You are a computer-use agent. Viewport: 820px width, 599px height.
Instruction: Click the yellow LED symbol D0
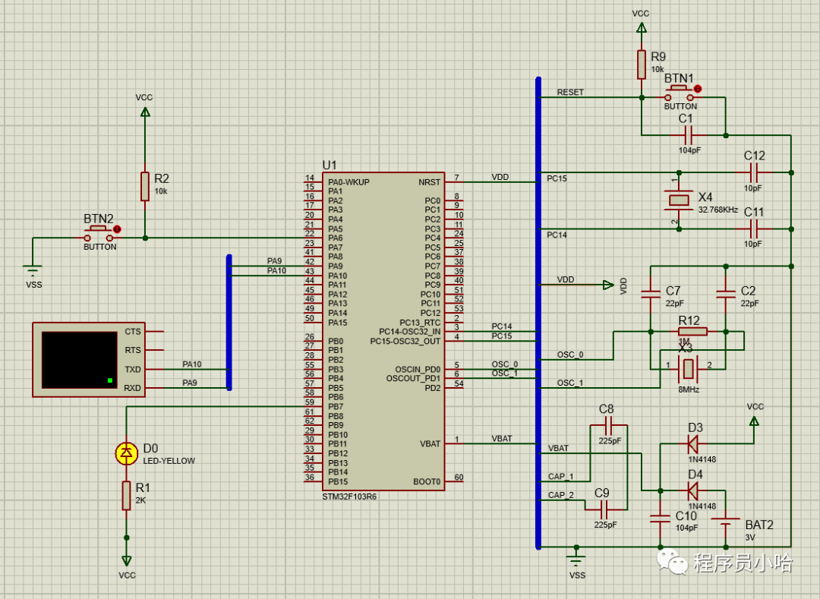[125, 453]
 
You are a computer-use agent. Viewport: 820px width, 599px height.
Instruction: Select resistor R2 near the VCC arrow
[145, 186]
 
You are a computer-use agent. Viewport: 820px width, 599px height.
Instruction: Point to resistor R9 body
[642, 65]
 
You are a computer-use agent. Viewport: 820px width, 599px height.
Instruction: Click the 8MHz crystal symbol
[688, 369]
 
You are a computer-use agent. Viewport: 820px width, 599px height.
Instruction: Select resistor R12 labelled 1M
[692, 331]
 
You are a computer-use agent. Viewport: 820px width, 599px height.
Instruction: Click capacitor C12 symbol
[754, 172]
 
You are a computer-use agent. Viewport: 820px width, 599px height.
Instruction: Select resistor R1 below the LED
[126, 495]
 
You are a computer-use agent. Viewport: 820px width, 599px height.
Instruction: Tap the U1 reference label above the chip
[330, 165]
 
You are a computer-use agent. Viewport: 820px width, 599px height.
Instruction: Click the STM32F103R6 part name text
[349, 496]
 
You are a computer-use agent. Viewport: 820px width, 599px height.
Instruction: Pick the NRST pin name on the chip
[428, 182]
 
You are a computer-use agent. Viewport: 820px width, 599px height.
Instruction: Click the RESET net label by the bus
[570, 92]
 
